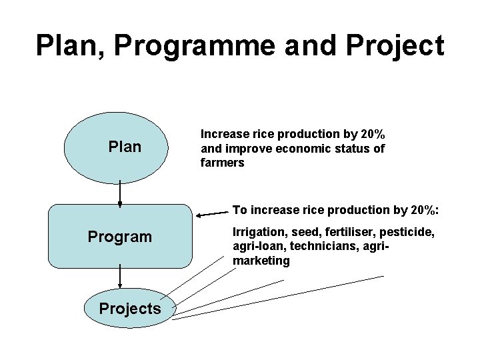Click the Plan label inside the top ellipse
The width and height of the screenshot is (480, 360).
pyautogui.click(x=125, y=147)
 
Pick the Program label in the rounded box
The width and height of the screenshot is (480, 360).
pyautogui.click(x=120, y=237)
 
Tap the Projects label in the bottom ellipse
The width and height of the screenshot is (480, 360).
pyautogui.click(x=129, y=308)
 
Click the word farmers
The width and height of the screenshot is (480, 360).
pyautogui.click(x=223, y=163)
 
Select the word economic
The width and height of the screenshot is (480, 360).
pyautogui.click(x=301, y=148)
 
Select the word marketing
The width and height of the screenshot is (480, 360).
pyautogui.click(x=261, y=261)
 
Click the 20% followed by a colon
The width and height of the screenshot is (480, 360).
pyautogui.click(x=425, y=210)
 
